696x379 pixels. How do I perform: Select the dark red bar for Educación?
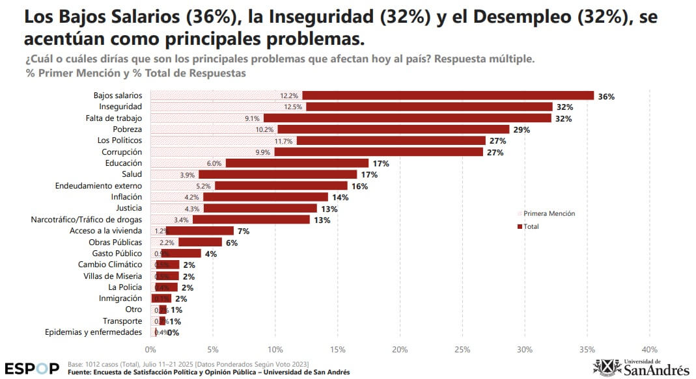(x=297, y=163)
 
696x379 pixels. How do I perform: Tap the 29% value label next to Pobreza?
(x=521, y=130)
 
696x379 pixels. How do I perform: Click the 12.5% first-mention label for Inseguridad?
(x=293, y=107)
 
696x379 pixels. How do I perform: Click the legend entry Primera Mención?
(x=549, y=213)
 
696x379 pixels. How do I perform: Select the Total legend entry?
(x=531, y=226)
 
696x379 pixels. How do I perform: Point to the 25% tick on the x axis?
(x=462, y=349)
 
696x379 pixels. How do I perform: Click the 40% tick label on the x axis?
(x=650, y=349)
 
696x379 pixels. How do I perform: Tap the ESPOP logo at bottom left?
(x=32, y=368)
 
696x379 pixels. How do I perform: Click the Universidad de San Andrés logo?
(x=641, y=367)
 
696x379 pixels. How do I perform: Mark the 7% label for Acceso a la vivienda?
(x=244, y=231)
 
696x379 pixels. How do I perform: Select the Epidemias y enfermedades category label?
(x=93, y=332)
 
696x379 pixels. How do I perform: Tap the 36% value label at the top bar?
(x=606, y=96)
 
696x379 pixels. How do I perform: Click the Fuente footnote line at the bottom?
(x=208, y=372)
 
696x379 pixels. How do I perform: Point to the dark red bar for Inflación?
(x=266, y=197)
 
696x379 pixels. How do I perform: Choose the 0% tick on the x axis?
(x=150, y=349)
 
